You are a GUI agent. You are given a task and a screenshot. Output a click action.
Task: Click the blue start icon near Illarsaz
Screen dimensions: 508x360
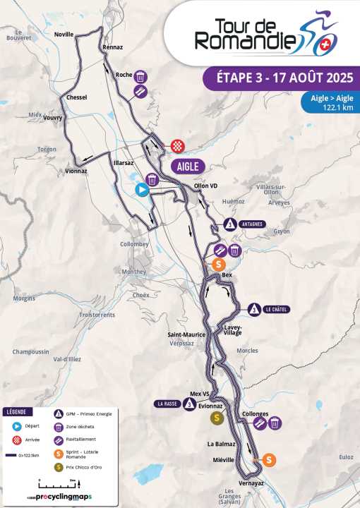point(142,189)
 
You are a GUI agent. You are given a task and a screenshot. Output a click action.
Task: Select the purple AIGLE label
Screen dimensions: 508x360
point(188,167)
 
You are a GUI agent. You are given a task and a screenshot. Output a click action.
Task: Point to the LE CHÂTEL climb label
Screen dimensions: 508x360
point(277,309)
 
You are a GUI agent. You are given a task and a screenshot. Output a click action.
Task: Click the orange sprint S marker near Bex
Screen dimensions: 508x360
point(219,265)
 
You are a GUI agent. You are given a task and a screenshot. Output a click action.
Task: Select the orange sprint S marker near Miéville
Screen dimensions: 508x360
point(269,459)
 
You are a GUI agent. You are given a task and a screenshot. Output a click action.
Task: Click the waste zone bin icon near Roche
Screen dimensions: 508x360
point(141,77)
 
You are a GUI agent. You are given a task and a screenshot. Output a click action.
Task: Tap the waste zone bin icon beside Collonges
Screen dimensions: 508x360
point(275,423)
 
